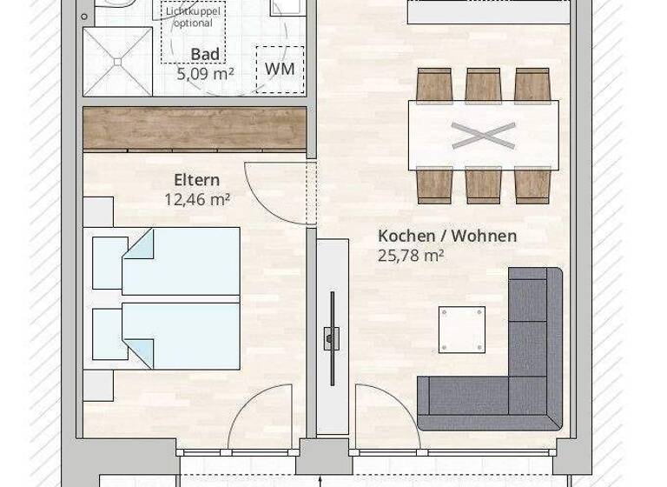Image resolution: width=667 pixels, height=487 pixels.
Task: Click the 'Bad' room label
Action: point(205,55)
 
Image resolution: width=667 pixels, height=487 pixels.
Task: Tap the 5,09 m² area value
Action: point(205,74)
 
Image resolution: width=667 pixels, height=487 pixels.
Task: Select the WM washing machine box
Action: point(280,69)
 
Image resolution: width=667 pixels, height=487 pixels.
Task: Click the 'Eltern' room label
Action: point(196,181)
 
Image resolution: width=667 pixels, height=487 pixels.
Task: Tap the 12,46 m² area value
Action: point(196,199)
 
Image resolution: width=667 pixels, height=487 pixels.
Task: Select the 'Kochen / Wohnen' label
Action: point(446,236)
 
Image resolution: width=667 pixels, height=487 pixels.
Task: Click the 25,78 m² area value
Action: point(411,255)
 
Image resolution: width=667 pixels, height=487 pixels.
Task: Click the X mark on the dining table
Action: point(483,136)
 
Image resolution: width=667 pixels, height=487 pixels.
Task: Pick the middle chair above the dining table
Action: point(483,85)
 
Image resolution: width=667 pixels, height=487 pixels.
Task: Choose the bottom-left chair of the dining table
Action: point(434,185)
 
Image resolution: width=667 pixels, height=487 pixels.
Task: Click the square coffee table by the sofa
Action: point(461,330)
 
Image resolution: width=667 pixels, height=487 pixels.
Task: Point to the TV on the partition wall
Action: point(331,335)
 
